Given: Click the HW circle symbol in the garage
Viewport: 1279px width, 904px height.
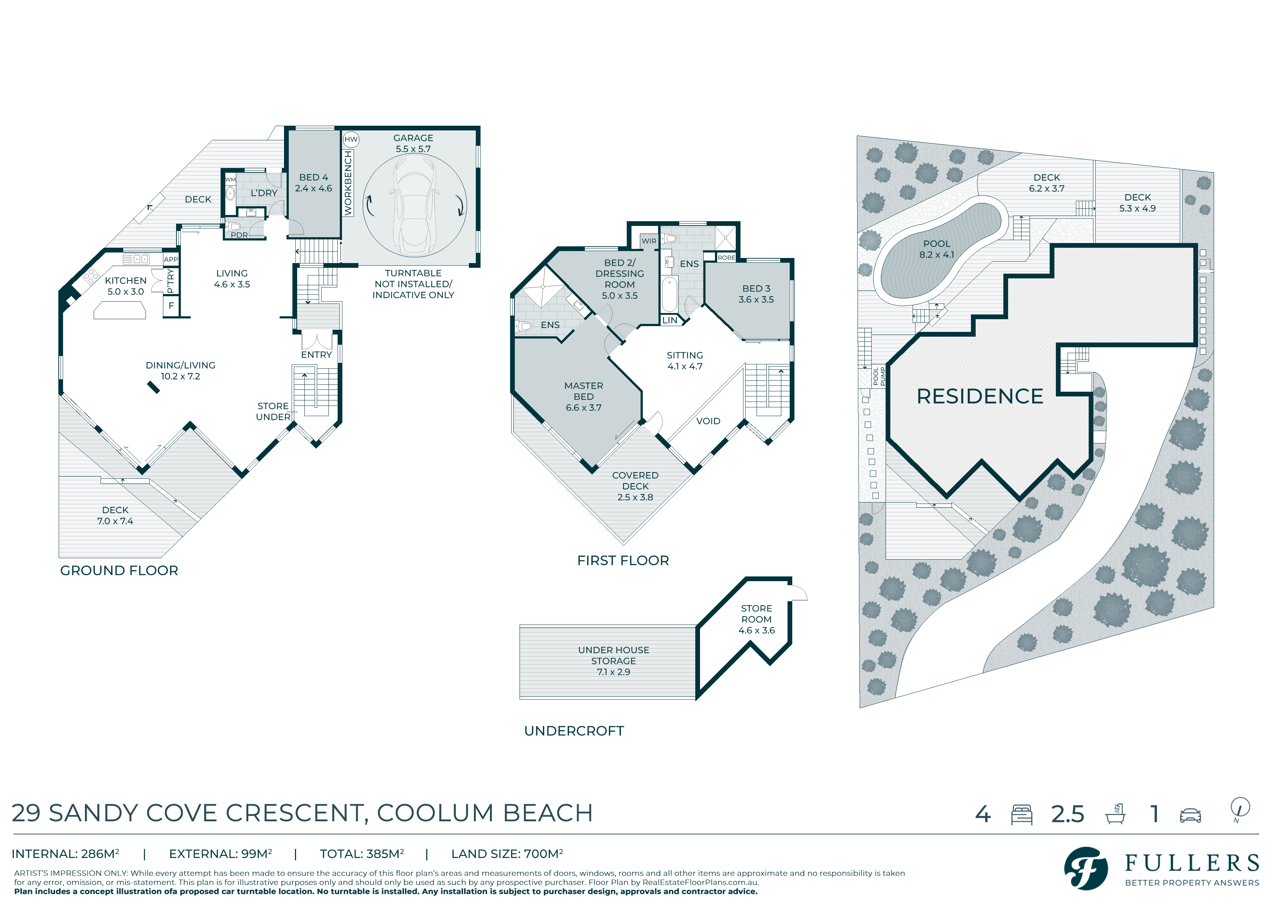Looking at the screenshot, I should click(351, 139).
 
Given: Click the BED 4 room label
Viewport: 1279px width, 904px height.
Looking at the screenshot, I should click(314, 183).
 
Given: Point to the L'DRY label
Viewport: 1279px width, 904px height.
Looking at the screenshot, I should click(264, 193).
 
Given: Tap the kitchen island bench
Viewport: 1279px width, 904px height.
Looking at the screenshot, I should click(120, 310).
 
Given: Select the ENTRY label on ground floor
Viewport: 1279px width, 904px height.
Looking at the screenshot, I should click(316, 355).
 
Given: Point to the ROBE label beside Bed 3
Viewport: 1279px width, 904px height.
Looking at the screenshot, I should click(726, 258).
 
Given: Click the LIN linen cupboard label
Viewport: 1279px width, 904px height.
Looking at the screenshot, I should click(670, 320).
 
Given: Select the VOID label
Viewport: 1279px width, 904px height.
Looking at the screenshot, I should click(708, 421).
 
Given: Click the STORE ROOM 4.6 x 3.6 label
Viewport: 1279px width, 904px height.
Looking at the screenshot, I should click(757, 619).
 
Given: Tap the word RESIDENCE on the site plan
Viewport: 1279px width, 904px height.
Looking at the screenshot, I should click(980, 396).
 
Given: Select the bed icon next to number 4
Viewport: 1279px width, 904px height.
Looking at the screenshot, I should click(1022, 815).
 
